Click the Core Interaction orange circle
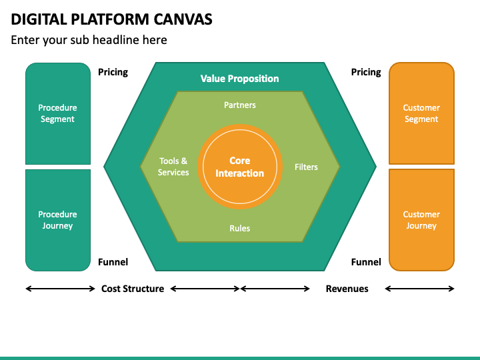[x=240, y=167]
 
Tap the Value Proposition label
[x=240, y=79]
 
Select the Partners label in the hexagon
[x=240, y=105]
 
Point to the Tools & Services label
[x=173, y=167]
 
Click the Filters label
[x=306, y=167]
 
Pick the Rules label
[x=240, y=228]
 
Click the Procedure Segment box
[x=58, y=113]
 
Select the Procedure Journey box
[x=58, y=220]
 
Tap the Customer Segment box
[x=421, y=113]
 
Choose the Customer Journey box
[x=421, y=220]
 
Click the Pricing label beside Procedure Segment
[x=113, y=72]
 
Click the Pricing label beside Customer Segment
[x=366, y=72]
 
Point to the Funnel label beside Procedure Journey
[x=113, y=262]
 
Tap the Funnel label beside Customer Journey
[x=366, y=262]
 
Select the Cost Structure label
[x=133, y=289]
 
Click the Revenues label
[x=347, y=289]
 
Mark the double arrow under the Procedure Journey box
[x=60, y=289]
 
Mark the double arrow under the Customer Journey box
[x=419, y=289]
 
